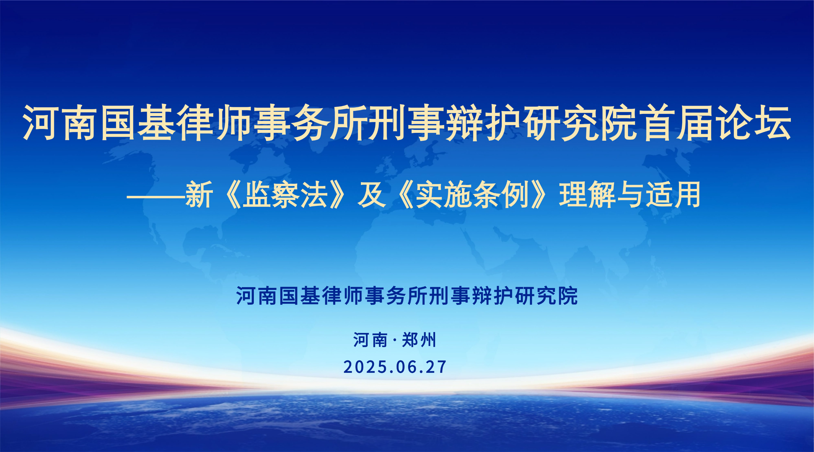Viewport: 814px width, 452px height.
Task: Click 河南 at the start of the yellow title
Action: (59, 123)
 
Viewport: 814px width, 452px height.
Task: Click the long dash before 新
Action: (156, 197)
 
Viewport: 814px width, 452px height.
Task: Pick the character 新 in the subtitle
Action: (199, 195)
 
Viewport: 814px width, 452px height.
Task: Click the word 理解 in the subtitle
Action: (587, 195)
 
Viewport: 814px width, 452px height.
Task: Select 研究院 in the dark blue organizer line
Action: (546, 296)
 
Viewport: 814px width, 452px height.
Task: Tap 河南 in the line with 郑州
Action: (370, 340)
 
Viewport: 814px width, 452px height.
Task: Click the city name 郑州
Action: (419, 340)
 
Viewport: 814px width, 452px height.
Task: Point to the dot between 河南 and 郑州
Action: (395, 341)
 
